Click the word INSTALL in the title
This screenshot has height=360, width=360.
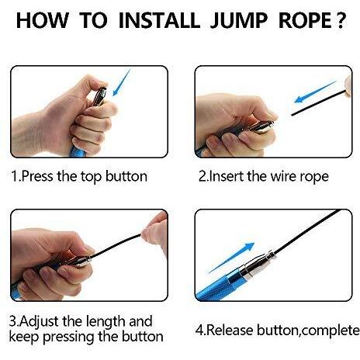click(159, 20)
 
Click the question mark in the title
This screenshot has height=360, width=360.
click(340, 20)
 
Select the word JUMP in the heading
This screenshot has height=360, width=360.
click(234, 20)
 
